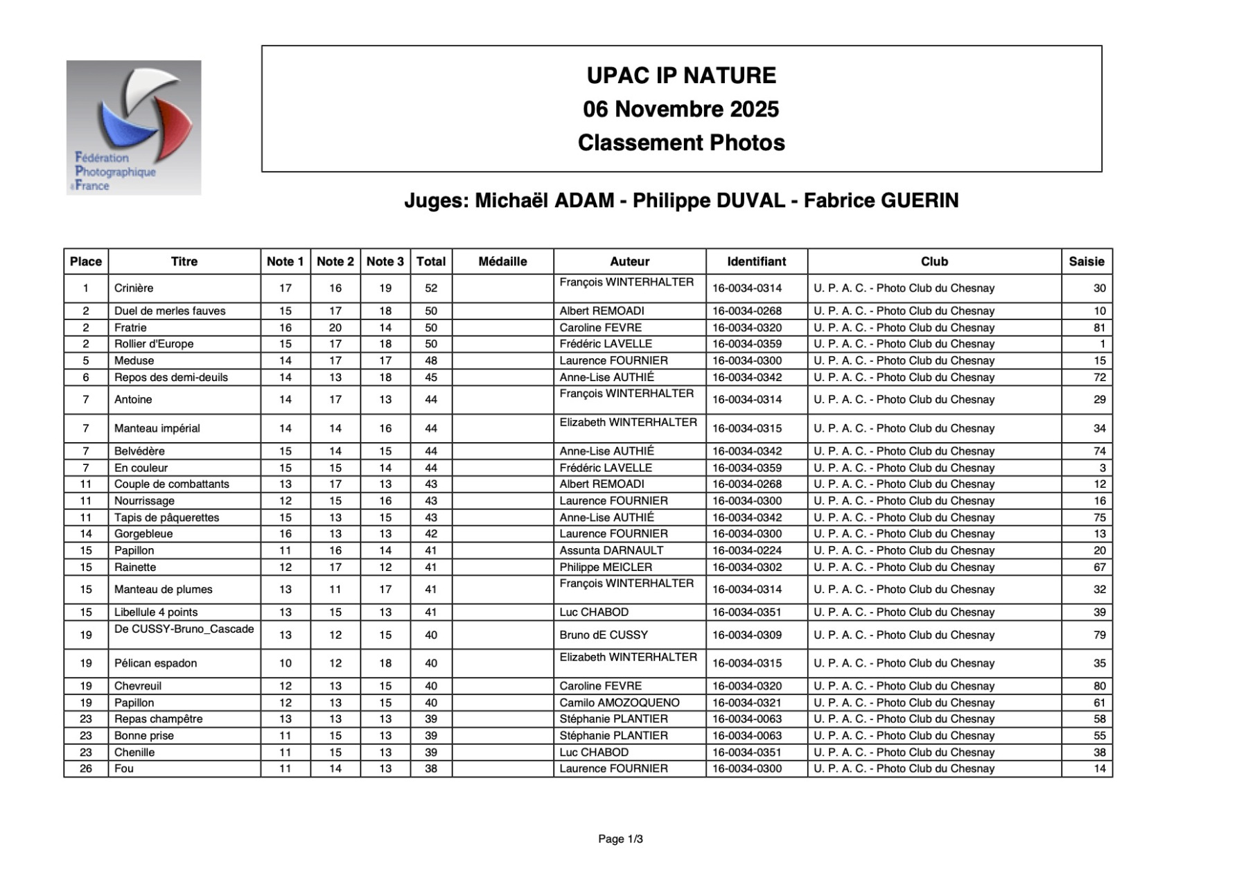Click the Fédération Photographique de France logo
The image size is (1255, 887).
(x=134, y=128)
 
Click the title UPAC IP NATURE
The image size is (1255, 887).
(x=681, y=76)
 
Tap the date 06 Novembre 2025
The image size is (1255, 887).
(x=681, y=109)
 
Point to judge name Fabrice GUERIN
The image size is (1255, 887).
(x=881, y=201)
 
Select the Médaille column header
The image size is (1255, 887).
(x=502, y=262)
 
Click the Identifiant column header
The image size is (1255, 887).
(x=756, y=262)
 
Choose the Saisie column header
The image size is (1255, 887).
(x=1086, y=262)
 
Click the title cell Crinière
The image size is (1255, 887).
(x=134, y=288)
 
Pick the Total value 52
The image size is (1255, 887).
(x=431, y=288)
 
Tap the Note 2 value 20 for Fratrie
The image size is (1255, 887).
(x=335, y=328)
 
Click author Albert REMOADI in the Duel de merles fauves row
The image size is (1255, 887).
(x=602, y=311)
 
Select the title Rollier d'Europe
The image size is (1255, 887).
(x=154, y=344)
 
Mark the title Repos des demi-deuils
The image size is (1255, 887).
(x=171, y=378)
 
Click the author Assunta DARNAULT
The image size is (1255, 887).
(x=611, y=551)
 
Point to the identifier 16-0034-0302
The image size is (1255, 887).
(x=747, y=568)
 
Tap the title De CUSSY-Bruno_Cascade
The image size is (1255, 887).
(x=184, y=629)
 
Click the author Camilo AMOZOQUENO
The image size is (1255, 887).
(x=620, y=703)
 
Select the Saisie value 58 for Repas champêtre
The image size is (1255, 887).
(x=1099, y=719)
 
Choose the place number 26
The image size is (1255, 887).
(x=86, y=769)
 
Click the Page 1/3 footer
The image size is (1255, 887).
(x=620, y=839)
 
